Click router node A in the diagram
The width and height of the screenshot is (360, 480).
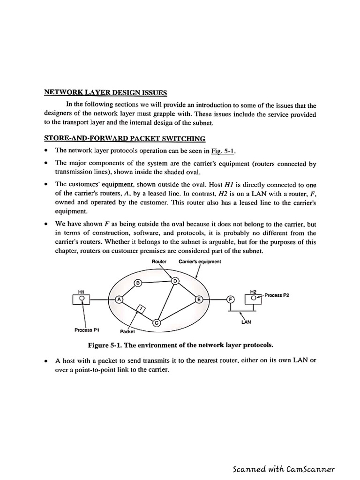(x=119, y=300)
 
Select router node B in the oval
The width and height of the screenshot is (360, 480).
(x=138, y=283)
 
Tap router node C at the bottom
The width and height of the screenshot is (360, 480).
(x=157, y=322)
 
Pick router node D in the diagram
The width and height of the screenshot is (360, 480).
(x=176, y=281)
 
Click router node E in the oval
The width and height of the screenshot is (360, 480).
(x=199, y=300)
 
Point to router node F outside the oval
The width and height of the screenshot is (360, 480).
(x=230, y=300)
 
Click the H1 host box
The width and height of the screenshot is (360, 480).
(x=82, y=299)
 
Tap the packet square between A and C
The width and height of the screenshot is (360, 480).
(x=140, y=308)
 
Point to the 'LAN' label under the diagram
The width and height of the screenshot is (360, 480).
(x=246, y=322)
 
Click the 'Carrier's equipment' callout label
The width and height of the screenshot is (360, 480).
(x=200, y=261)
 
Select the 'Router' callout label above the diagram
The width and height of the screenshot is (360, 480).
(x=159, y=261)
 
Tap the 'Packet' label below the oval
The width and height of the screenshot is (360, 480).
(x=127, y=331)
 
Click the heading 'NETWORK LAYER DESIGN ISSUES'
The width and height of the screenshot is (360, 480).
(x=105, y=92)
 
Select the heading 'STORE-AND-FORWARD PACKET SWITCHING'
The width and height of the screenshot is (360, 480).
(x=124, y=138)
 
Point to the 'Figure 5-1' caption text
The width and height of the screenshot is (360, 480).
(x=180, y=345)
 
